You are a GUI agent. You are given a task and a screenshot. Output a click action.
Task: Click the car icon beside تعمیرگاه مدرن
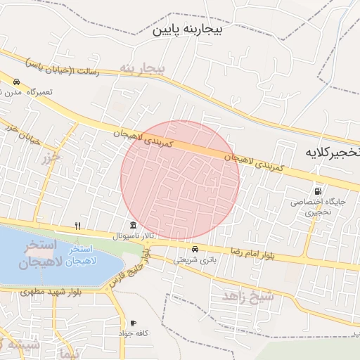pos(15,82)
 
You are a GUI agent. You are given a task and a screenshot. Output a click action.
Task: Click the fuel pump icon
pos(319,191)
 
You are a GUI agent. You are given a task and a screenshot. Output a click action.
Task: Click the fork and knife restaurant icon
pos(78,226)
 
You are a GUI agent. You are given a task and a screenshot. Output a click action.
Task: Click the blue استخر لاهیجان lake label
pos(85,257)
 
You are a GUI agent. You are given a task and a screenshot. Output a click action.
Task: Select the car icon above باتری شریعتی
pos(195,248)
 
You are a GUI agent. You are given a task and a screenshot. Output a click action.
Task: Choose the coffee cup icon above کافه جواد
pos(133,323)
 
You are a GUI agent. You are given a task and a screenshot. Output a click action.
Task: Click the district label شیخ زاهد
pos(247,295)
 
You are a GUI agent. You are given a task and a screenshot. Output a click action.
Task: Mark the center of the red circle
pos(180,180)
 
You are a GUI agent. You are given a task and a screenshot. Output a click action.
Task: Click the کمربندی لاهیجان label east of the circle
pos(257,162)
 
